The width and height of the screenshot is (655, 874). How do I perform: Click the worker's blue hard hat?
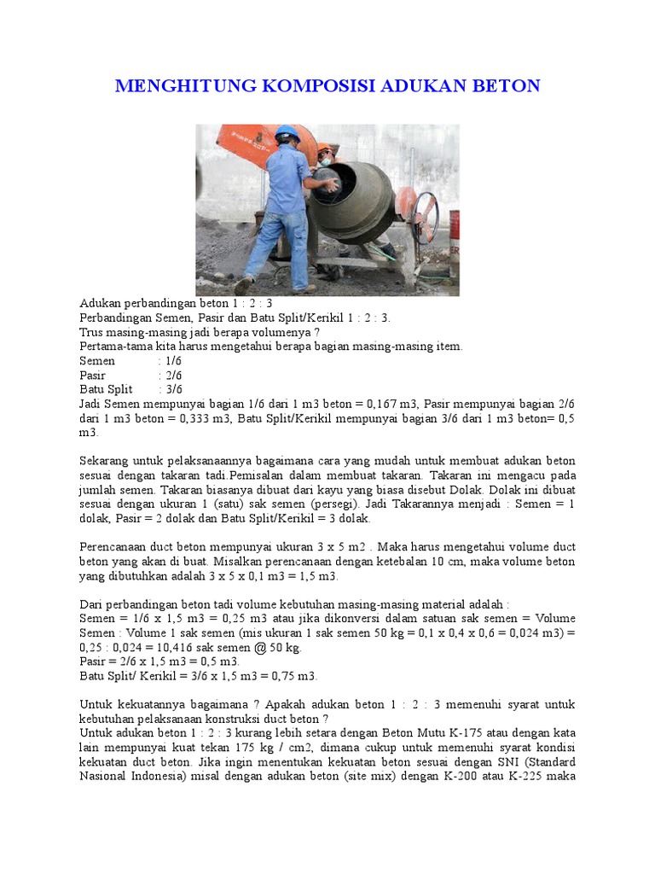pos(287,134)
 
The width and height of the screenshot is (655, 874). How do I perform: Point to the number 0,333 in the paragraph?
pos(210,418)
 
